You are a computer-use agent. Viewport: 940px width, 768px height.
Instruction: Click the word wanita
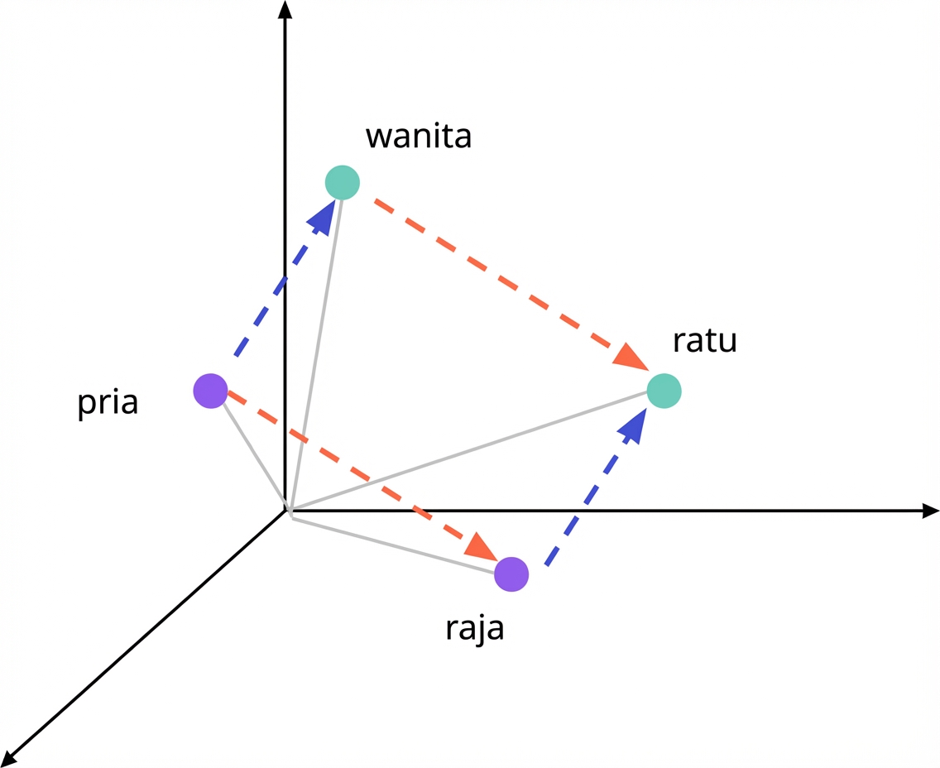[419, 136]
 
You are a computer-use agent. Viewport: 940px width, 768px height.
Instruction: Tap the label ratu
[704, 340]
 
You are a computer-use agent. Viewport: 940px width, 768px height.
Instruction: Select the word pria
[108, 405]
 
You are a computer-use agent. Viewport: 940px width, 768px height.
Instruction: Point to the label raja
[474, 628]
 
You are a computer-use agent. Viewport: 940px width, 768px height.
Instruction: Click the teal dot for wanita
[342, 182]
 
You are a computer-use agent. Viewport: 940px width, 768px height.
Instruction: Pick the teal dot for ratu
[664, 391]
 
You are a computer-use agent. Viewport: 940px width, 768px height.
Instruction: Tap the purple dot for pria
[210, 391]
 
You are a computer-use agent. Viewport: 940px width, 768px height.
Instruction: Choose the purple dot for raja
[511, 574]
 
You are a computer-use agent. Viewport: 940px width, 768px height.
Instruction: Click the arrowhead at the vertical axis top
[285, 10]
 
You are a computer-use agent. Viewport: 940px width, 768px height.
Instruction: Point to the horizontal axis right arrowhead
[929, 511]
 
